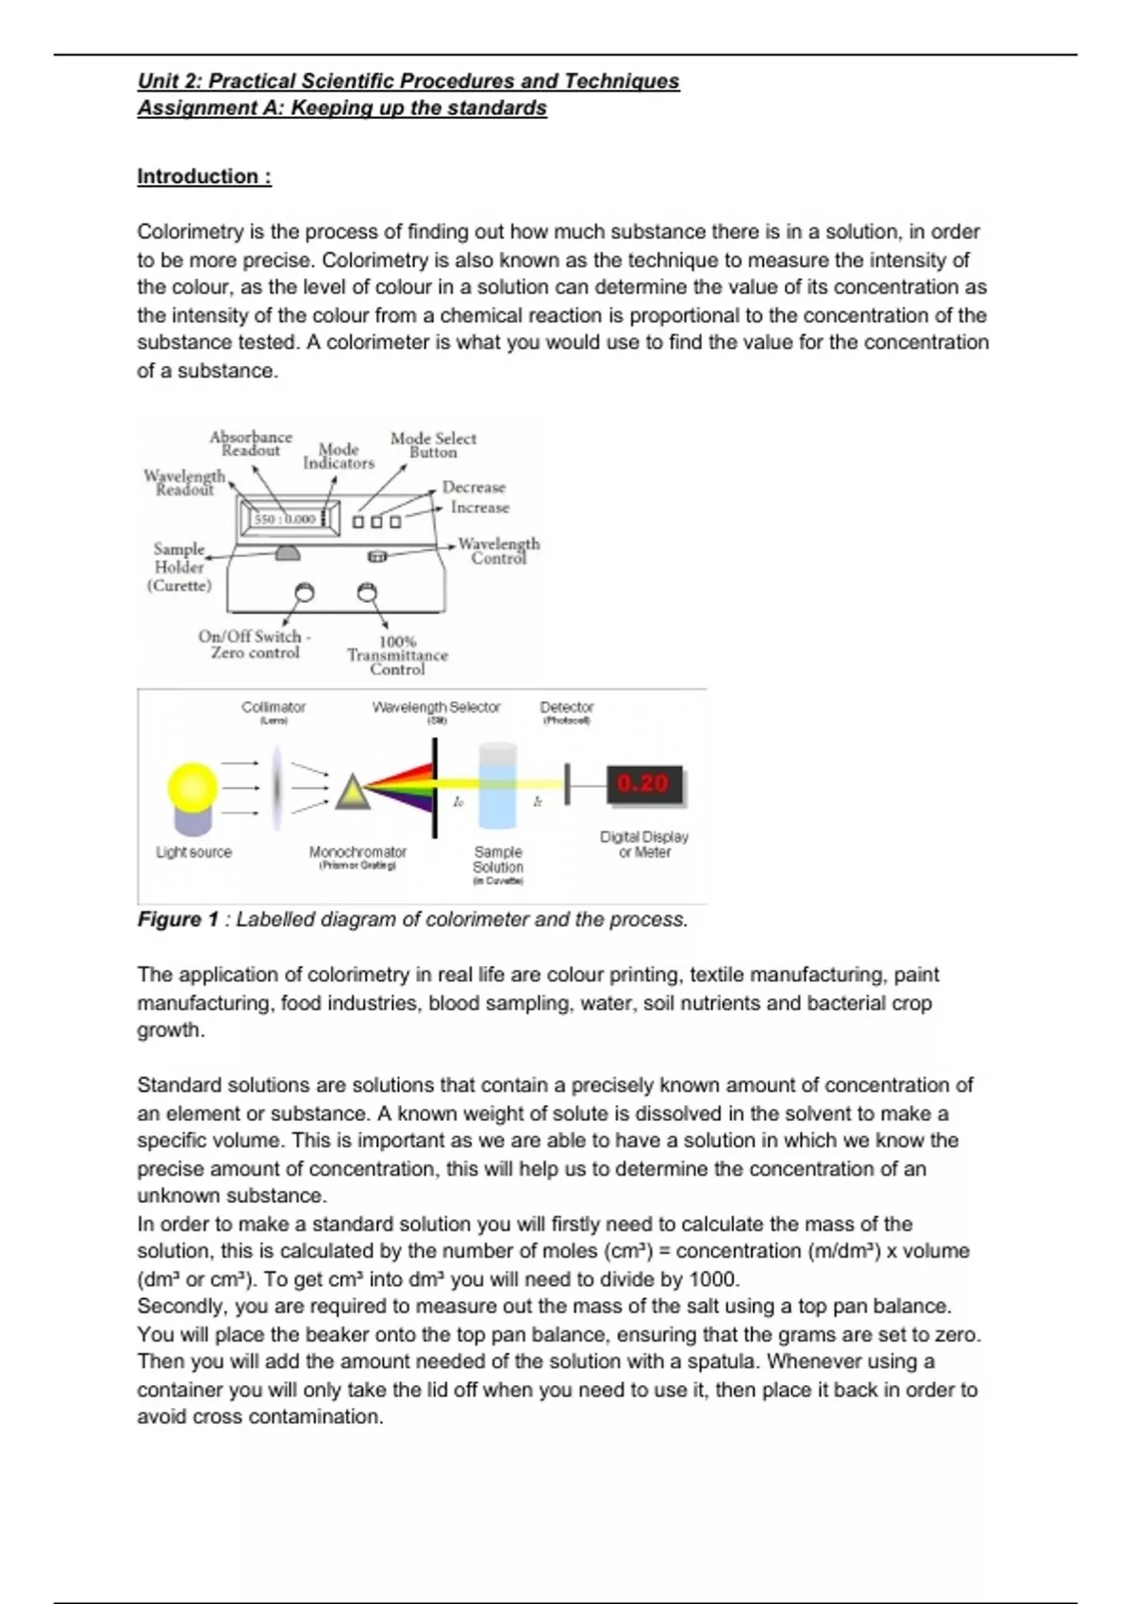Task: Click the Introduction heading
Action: point(204,176)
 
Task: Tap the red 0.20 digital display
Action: point(643,784)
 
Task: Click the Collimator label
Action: point(273,707)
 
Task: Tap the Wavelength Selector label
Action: point(436,707)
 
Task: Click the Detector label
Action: point(566,707)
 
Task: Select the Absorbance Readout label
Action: point(251,443)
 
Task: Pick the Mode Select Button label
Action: point(433,444)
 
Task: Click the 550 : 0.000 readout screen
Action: point(284,519)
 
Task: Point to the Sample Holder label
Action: point(179,566)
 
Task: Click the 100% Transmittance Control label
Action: point(397,655)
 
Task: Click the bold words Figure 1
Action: point(178,919)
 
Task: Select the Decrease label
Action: point(474,487)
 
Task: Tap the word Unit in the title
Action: point(158,81)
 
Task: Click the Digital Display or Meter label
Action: point(644,844)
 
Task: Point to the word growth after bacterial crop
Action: point(170,1029)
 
